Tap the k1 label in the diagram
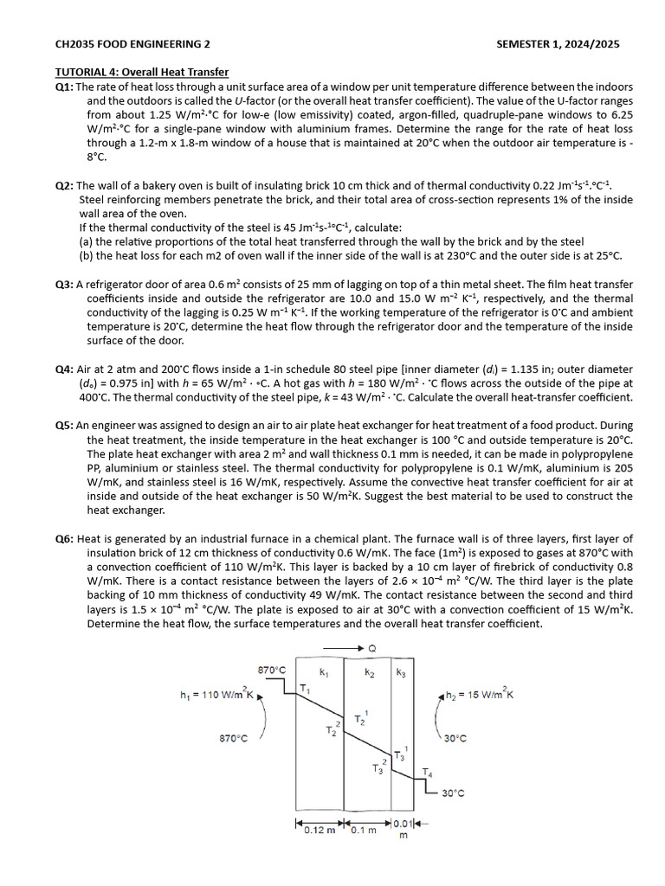324,672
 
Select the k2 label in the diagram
369,672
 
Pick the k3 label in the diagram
400,672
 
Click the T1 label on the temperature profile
304,688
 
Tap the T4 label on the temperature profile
427,772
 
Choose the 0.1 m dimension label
364,831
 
